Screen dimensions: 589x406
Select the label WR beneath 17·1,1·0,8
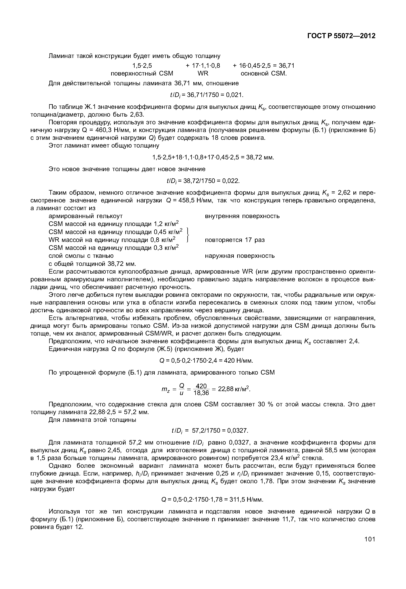tap(203, 74)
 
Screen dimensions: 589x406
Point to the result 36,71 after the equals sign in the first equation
tap(286, 66)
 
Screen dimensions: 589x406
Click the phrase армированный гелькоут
tap(85, 216)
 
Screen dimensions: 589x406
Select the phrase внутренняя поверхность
tap(242, 216)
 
